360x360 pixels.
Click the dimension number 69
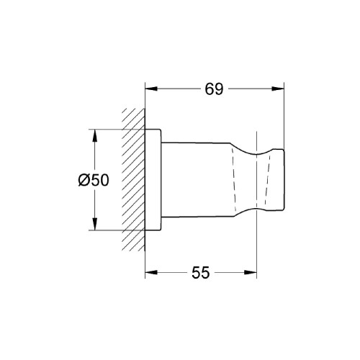[215, 89]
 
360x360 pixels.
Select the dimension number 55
[200, 272]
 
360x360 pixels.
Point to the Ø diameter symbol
[84, 181]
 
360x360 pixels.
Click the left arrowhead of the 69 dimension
[150, 89]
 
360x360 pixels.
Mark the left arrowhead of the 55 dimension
[150, 273]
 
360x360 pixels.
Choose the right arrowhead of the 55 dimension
[252, 273]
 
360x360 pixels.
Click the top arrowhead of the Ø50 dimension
[93, 135]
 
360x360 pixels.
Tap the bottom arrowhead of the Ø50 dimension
[93, 225]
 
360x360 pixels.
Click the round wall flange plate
[153, 180]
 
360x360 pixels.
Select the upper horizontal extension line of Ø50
[115, 130]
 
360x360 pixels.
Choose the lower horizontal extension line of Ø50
[115, 230]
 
